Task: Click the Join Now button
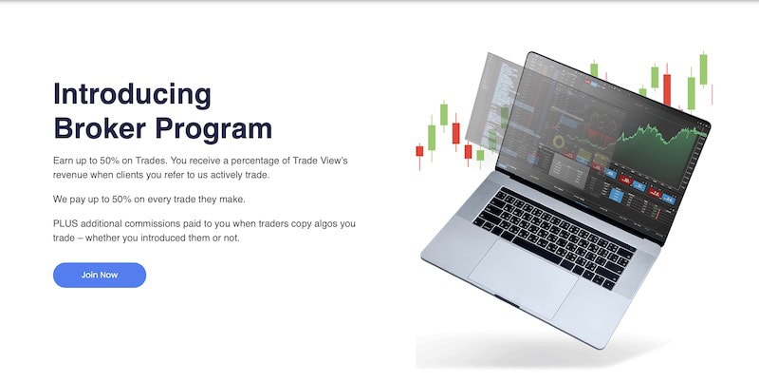click(100, 275)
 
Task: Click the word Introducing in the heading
click(132, 94)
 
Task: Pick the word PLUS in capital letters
click(66, 222)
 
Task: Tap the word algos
click(320, 222)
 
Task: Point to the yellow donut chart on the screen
click(559, 142)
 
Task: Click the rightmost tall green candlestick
click(704, 71)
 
